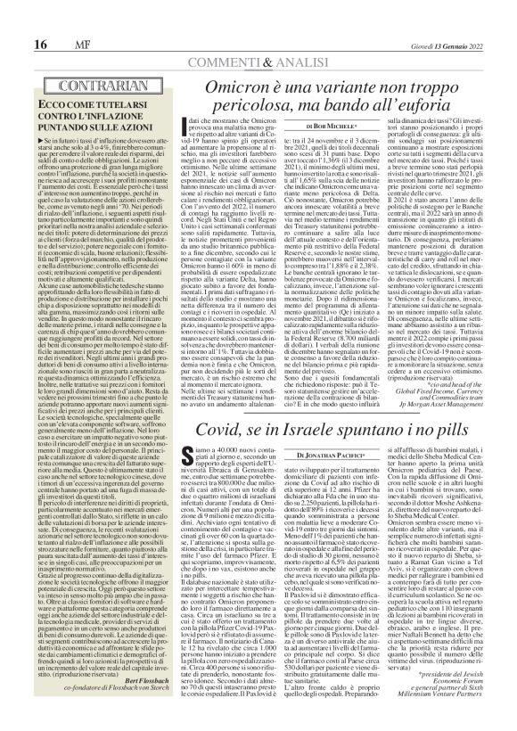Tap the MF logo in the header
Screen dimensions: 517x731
tap(53, 21)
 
